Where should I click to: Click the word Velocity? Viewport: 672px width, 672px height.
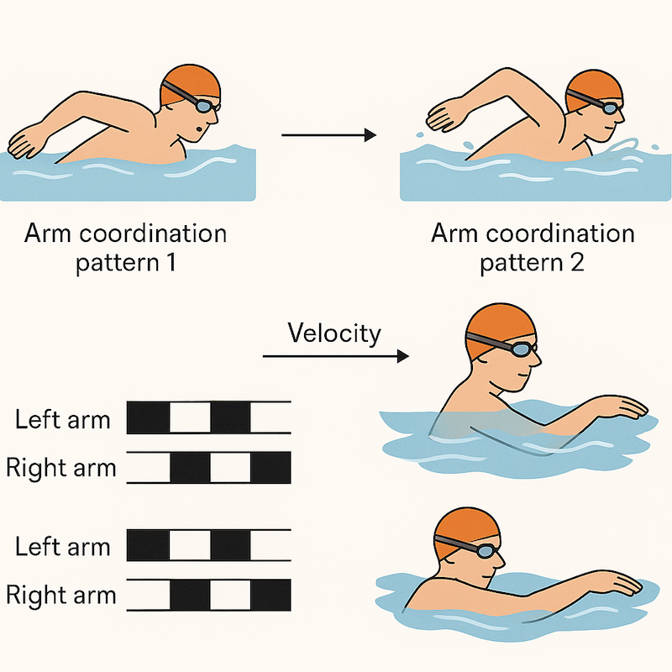click(x=334, y=333)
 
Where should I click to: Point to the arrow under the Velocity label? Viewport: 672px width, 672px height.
click(x=336, y=357)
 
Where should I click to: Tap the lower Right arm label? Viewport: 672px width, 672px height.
click(x=60, y=596)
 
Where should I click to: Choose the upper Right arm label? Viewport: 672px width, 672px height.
click(x=60, y=467)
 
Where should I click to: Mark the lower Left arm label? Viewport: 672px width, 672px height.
click(x=62, y=547)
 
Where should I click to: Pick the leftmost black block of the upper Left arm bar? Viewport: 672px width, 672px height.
click(x=148, y=417)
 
